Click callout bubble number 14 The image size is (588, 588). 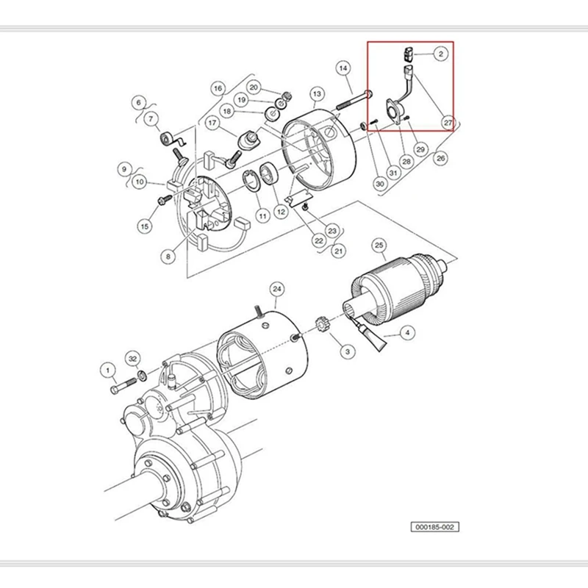[343, 68]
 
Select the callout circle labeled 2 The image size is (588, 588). [440, 54]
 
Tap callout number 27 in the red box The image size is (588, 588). [448, 122]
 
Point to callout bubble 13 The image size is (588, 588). [317, 94]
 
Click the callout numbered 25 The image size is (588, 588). [379, 244]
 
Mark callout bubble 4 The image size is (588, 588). [406, 333]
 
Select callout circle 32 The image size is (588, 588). [133, 359]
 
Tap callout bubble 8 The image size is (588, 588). [168, 257]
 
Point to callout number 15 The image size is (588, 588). [145, 226]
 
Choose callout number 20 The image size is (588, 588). [254, 87]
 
